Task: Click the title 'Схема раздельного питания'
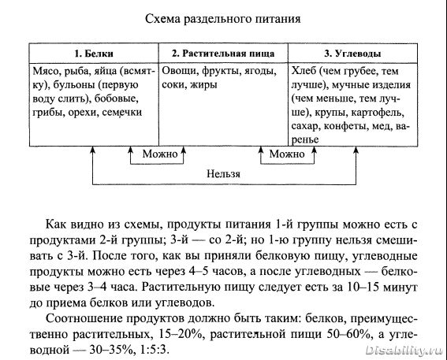(222, 20)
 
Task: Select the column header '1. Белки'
(94, 54)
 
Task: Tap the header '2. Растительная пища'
(223, 54)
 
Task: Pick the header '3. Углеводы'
(352, 54)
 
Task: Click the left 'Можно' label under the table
(160, 154)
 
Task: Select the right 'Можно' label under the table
(287, 154)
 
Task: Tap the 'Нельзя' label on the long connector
(224, 174)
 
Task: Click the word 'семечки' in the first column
(122, 113)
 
